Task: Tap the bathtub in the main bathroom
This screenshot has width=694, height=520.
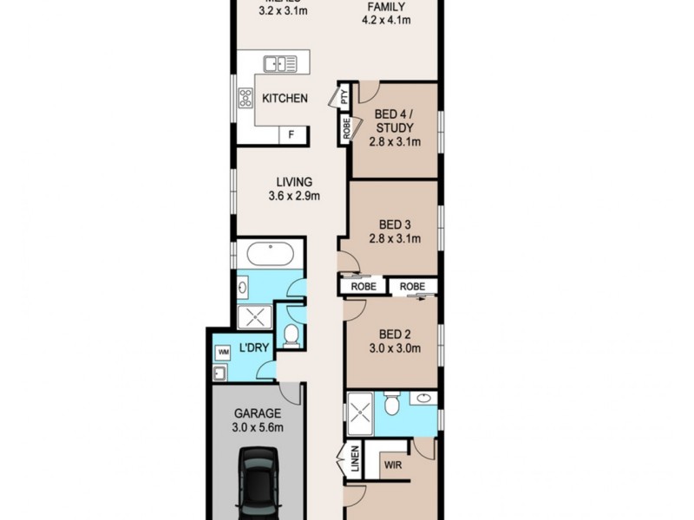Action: [269, 255]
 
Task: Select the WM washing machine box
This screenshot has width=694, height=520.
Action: [223, 352]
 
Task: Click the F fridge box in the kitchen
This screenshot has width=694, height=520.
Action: [291, 134]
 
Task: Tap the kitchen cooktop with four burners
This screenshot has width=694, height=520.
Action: [244, 98]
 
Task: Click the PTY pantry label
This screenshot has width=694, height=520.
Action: [344, 98]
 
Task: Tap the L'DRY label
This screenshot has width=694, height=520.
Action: [254, 347]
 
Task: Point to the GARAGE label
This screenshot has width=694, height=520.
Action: [256, 413]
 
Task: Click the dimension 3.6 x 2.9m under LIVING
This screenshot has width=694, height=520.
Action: [293, 196]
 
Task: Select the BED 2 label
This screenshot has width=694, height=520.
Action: [396, 335]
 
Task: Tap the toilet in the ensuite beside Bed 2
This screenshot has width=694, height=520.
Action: [391, 403]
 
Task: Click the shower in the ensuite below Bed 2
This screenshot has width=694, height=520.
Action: [360, 411]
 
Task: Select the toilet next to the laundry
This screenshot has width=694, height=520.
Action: [291, 335]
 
